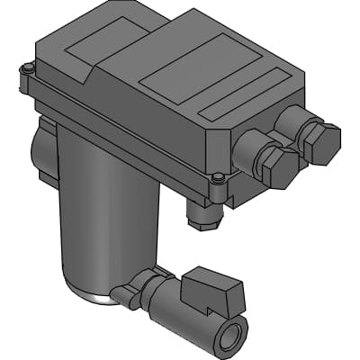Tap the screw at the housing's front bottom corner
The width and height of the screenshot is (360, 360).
pos(219,178)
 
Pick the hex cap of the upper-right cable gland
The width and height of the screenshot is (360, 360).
pos(322,141)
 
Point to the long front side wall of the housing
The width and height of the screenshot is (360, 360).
pos(126,135)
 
